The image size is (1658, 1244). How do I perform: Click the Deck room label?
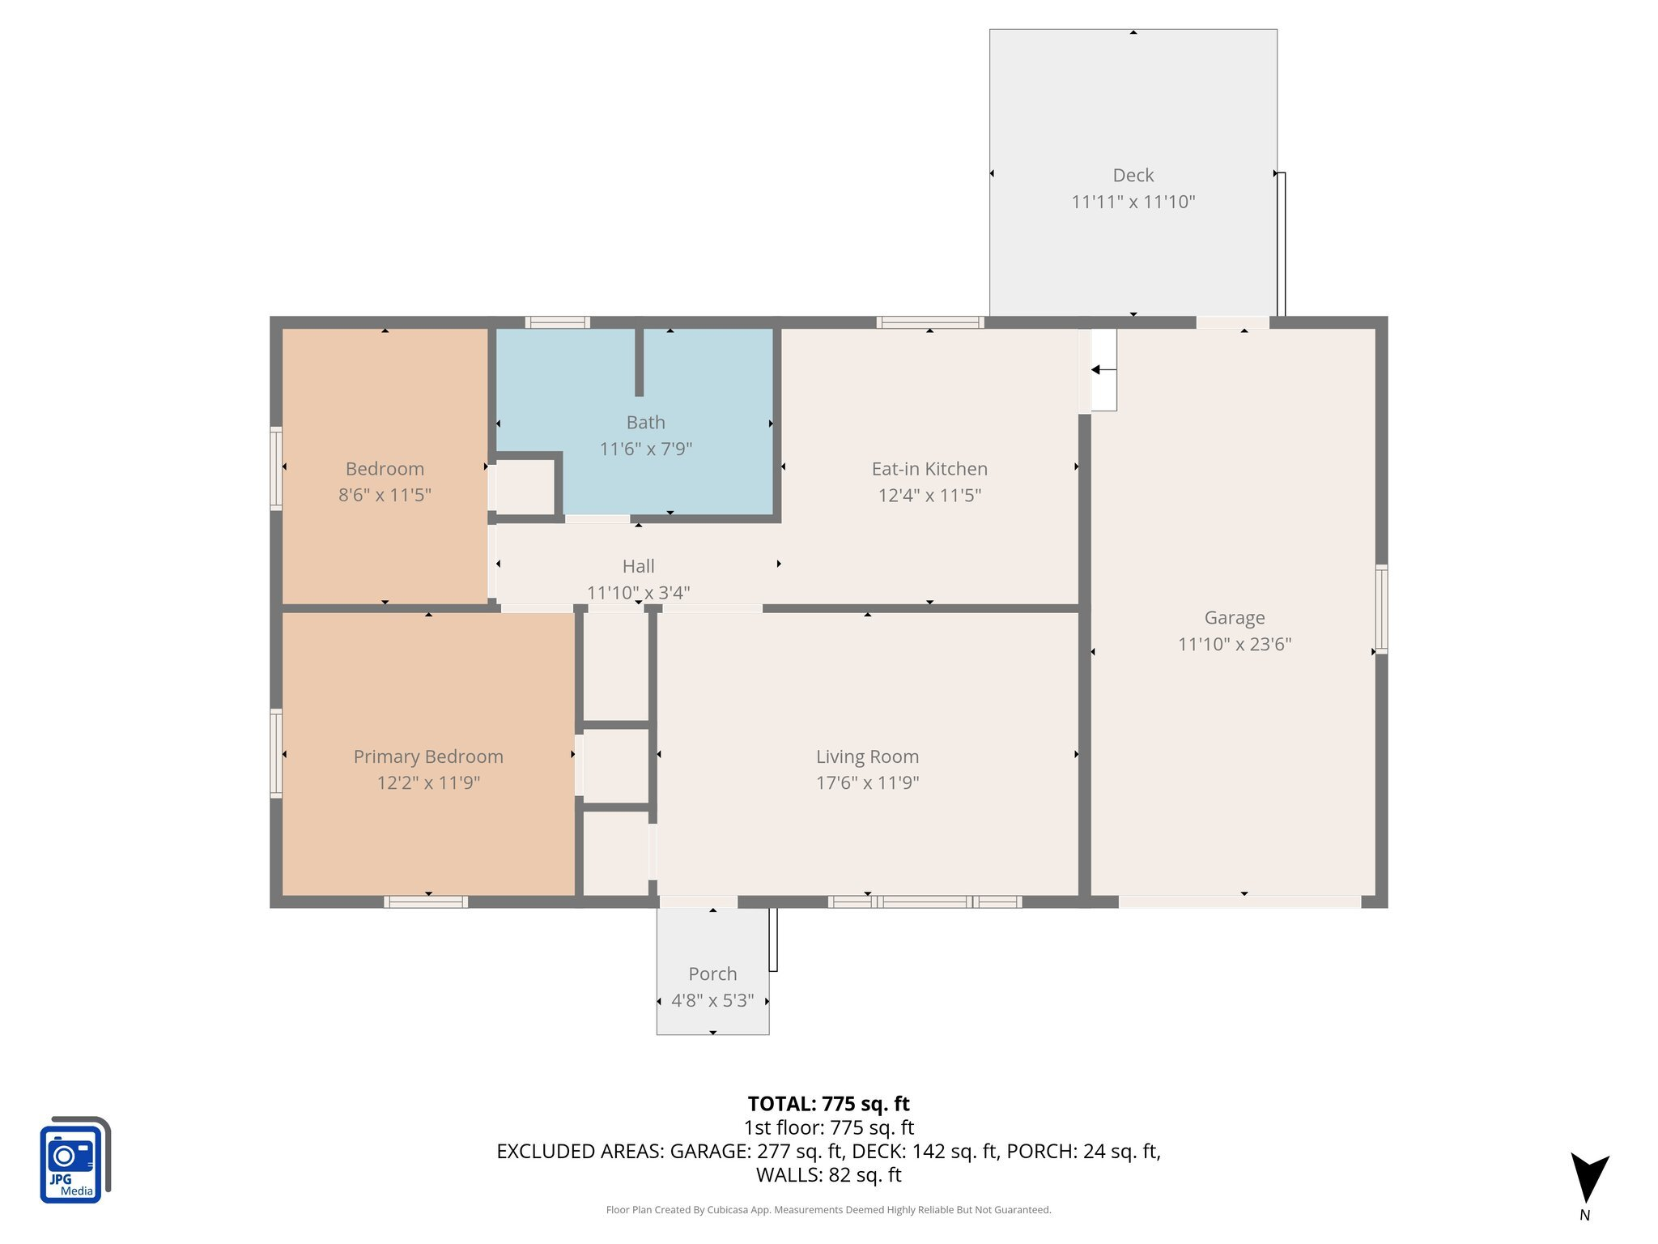coord(1133,175)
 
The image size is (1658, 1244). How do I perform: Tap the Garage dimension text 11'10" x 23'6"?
coord(1234,644)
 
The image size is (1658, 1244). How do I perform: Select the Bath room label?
coord(645,422)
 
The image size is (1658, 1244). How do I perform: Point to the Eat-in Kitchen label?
coord(929,468)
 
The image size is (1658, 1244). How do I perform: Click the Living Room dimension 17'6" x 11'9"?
coord(867,782)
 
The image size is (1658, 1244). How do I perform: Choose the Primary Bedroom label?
coord(427,756)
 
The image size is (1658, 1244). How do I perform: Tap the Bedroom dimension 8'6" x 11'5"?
coord(385,495)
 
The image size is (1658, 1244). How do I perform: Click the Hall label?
coord(638,566)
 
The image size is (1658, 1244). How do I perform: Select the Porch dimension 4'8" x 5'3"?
coord(712,1000)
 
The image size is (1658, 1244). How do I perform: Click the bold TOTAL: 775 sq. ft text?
coord(828,1104)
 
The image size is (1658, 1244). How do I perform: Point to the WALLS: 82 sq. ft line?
coord(828,1174)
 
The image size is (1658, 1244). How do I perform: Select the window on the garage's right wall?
coord(1381,609)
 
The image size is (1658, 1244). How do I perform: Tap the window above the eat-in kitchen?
coord(930,322)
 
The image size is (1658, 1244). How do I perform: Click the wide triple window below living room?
coord(925,901)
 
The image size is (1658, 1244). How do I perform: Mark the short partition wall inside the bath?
coord(639,361)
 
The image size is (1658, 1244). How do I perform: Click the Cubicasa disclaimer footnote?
coord(828,1210)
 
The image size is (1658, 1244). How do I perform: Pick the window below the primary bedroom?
coord(426,901)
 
